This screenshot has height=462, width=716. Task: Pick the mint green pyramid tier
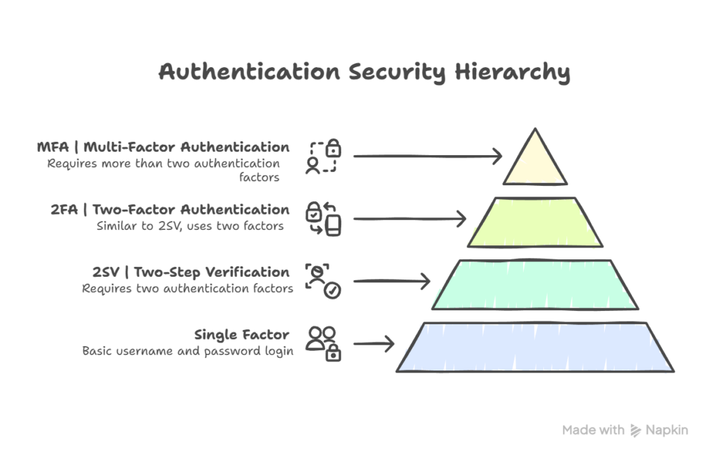point(535,284)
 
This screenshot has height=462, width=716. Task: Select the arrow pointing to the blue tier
point(375,344)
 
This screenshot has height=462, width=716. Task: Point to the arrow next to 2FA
point(410,219)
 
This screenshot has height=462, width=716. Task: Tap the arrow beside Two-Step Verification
point(392,282)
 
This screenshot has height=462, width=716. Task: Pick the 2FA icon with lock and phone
point(323,218)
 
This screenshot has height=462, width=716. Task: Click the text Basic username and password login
point(187,350)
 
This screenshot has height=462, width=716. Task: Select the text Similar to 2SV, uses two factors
point(190,226)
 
